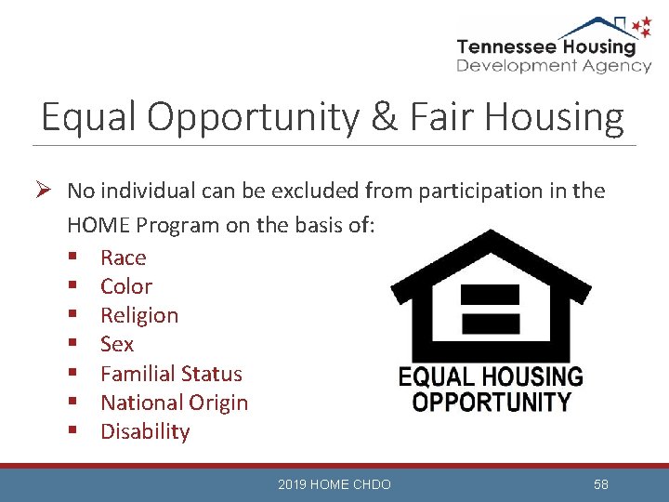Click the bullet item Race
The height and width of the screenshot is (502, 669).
(x=123, y=258)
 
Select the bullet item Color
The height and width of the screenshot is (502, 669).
(x=125, y=286)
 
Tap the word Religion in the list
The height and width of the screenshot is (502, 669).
(x=138, y=315)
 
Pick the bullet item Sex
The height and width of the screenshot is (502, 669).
(x=117, y=344)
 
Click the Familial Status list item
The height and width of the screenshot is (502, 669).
(x=170, y=374)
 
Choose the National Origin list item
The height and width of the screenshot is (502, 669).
(x=174, y=403)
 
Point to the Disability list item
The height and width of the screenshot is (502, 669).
(x=144, y=431)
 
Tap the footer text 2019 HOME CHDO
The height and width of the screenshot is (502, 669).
(x=334, y=484)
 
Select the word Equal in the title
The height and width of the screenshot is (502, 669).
(x=86, y=118)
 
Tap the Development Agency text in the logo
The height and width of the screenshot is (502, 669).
(x=554, y=66)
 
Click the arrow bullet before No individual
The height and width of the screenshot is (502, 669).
(x=46, y=192)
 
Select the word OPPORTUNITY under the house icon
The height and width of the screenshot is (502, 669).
(x=492, y=403)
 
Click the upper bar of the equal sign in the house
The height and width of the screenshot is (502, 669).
(x=490, y=295)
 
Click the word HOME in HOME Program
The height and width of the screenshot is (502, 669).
(x=98, y=225)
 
